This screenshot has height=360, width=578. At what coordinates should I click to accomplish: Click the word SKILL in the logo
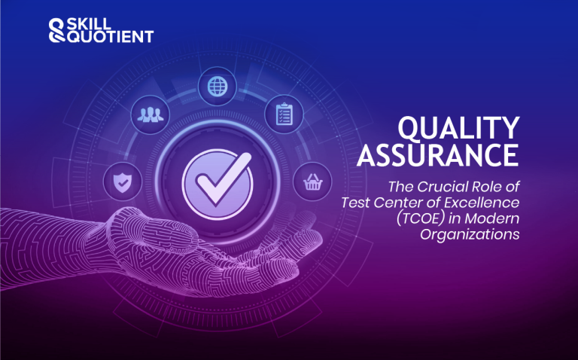pyautogui.click(x=87, y=23)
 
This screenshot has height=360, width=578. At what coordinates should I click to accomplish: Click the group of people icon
pyautogui.click(x=146, y=114)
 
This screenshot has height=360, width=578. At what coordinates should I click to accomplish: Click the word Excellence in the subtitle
pyautogui.click(x=483, y=201)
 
